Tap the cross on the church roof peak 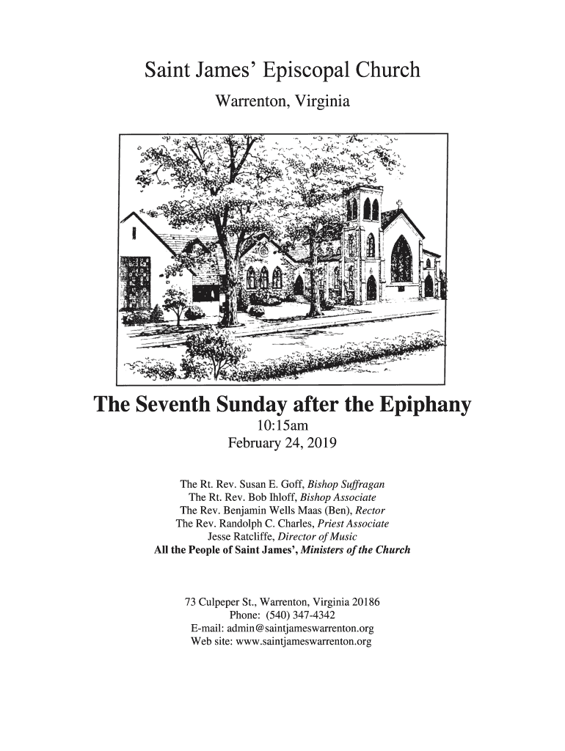pyautogui.click(x=399, y=204)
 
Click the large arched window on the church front pyautogui.click(x=401, y=260)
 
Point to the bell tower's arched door pyautogui.click(x=371, y=287)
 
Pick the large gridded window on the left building pyautogui.click(x=135, y=283)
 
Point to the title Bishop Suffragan pyautogui.click(x=346, y=485)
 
